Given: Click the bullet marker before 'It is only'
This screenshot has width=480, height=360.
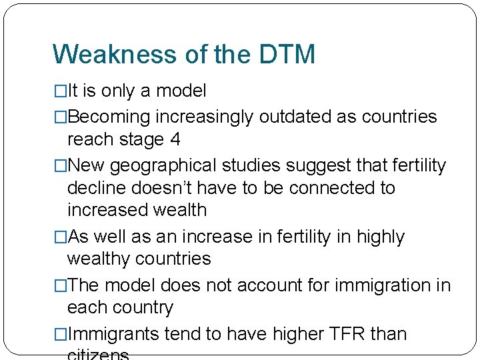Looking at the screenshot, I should point(61,91).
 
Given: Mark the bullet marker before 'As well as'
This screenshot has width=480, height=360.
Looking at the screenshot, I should point(61,237).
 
